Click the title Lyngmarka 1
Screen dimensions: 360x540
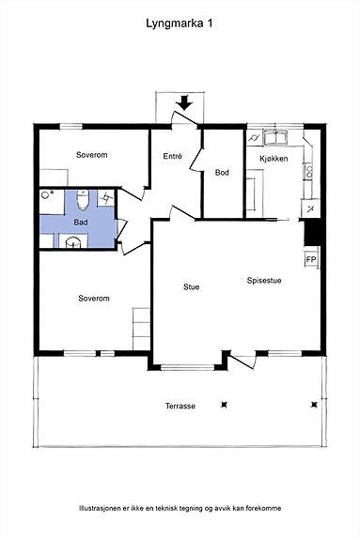pyautogui.click(x=180, y=24)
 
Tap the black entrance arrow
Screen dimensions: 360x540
pyautogui.click(x=185, y=102)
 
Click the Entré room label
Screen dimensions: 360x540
pyautogui.click(x=172, y=156)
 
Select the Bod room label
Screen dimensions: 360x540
pyautogui.click(x=222, y=172)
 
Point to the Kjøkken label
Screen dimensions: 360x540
pyautogui.click(x=274, y=159)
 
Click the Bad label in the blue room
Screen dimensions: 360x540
pyautogui.click(x=81, y=223)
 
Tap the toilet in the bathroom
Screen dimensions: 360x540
pyautogui.click(x=83, y=200)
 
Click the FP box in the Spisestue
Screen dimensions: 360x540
pyautogui.click(x=311, y=259)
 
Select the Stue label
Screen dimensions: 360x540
pyautogui.click(x=192, y=286)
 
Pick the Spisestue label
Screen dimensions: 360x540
pyautogui.click(x=264, y=281)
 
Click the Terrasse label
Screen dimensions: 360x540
pyautogui.click(x=180, y=406)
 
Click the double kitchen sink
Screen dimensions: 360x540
pyautogui.click(x=275, y=137)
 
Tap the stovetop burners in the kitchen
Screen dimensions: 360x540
pyautogui.click(x=309, y=171)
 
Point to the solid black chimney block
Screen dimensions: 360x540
pyautogui.click(x=313, y=232)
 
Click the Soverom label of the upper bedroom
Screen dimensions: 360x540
pyautogui.click(x=92, y=155)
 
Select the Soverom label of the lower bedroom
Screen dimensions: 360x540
pyautogui.click(x=94, y=299)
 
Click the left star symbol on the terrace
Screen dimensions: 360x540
pyautogui.click(x=225, y=405)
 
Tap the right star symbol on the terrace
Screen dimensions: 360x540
pyautogui.click(x=314, y=405)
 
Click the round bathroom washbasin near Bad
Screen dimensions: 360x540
pyautogui.click(x=73, y=241)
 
